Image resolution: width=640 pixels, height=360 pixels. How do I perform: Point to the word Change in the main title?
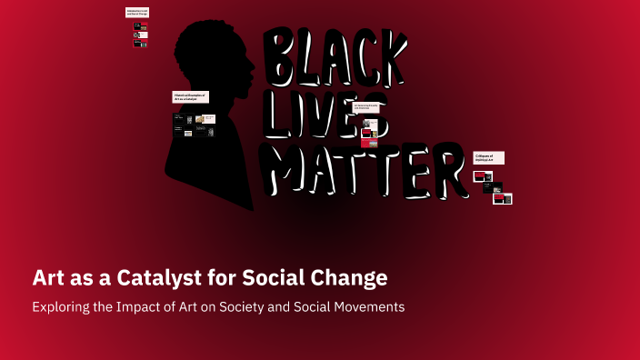tap(348, 276)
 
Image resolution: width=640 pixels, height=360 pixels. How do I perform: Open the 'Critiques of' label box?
tap(488, 158)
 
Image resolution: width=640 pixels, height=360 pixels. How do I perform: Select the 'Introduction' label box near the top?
tap(137, 13)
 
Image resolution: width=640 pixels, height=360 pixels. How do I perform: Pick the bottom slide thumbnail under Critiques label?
tap(503, 198)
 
